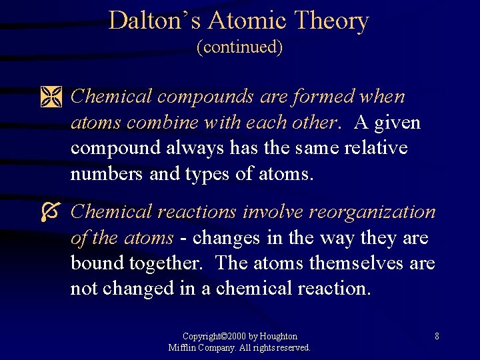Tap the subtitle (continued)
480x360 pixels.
coord(239,47)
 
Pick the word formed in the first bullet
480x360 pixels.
coord(324,97)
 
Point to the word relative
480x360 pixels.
coord(375,148)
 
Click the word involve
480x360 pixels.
coord(273,212)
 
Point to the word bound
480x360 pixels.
coord(93,263)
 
